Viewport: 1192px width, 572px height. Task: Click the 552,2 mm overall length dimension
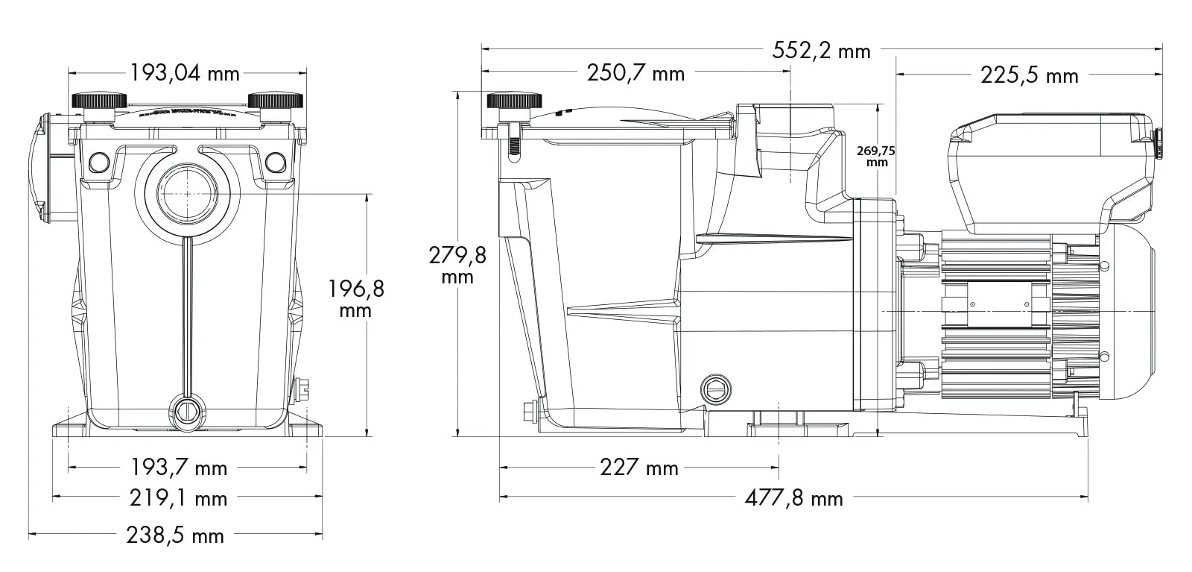[x=821, y=50]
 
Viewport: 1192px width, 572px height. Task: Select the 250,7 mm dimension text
[x=635, y=73]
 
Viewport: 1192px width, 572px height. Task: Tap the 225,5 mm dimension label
[x=1030, y=75]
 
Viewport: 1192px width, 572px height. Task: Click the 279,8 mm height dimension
[x=457, y=265]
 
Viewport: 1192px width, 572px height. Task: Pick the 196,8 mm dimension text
[x=356, y=298]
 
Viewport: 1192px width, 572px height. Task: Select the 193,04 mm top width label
[x=185, y=73]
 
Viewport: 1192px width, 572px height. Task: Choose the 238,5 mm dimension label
[x=177, y=535]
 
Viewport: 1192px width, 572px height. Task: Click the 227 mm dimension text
[x=639, y=468]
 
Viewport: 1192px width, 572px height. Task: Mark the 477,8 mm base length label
[x=793, y=497]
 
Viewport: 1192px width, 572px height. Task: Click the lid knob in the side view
[x=513, y=101]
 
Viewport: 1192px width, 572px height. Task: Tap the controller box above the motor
[x=1050, y=168]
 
